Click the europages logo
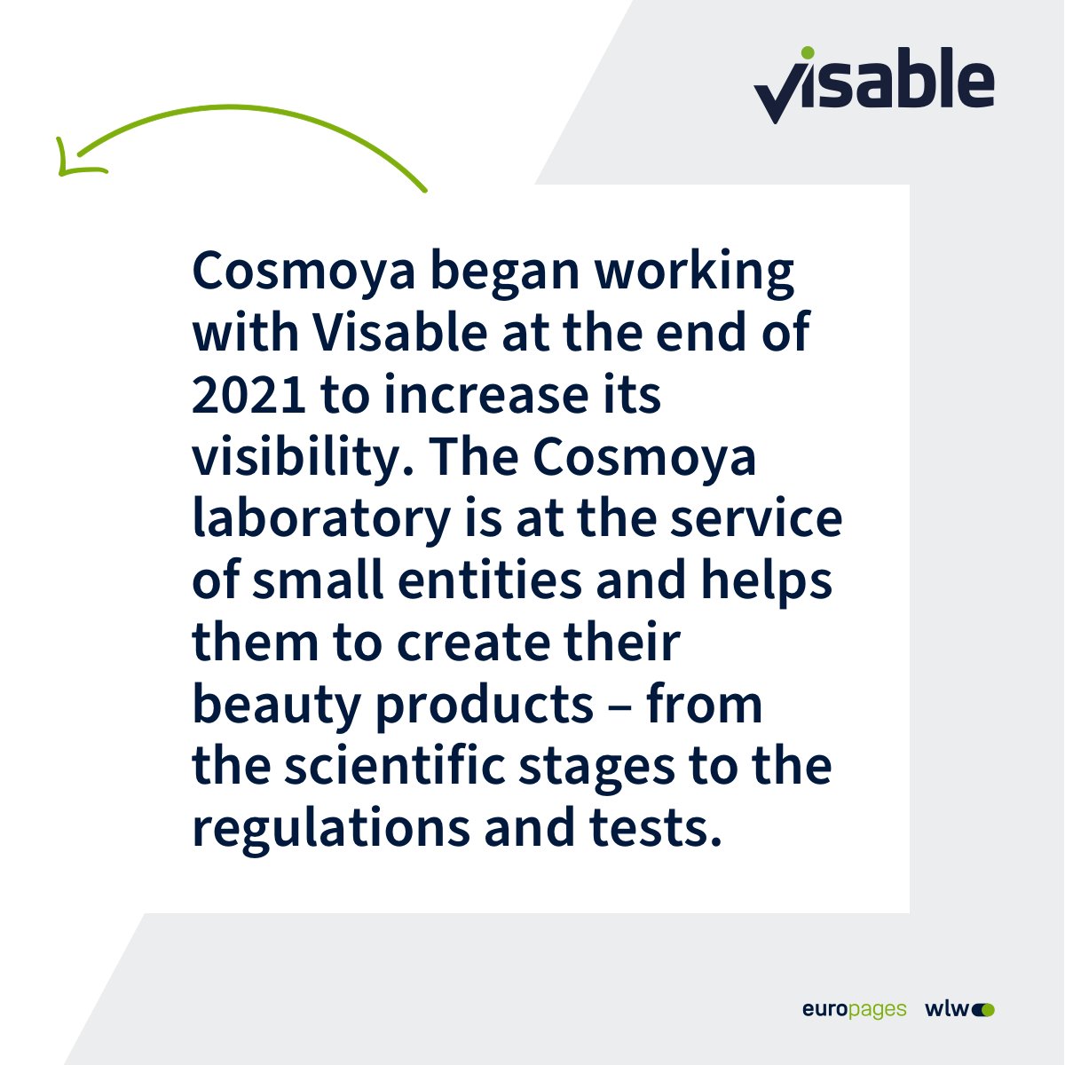coord(854,1009)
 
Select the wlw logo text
coord(948,1009)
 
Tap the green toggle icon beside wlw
coord(984,1009)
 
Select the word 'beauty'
coord(276,706)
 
